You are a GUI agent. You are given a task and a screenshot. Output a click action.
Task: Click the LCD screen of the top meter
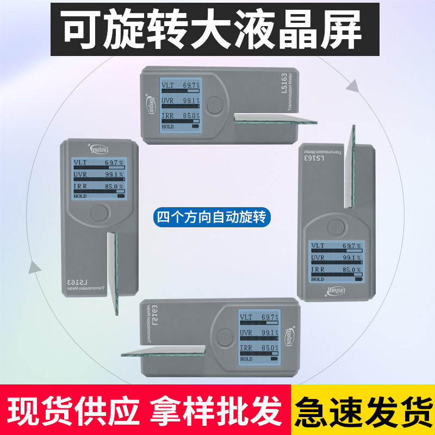[180, 104]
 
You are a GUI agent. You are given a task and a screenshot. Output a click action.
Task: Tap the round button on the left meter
[98, 212]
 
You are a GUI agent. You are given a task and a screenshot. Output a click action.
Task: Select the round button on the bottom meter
[223, 337]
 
